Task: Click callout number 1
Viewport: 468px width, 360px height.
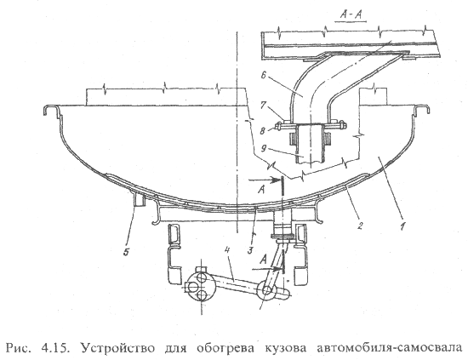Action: pos(402,226)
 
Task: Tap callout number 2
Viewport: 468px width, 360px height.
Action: pos(360,226)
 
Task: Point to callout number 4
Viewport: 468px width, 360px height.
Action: pos(226,250)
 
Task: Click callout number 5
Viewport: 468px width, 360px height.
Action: pos(126,252)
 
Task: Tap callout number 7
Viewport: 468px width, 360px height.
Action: pos(263,106)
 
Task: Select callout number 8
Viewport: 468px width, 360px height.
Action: pos(263,130)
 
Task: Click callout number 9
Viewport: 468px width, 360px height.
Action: pos(263,148)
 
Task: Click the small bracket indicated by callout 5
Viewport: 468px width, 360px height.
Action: pos(140,199)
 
